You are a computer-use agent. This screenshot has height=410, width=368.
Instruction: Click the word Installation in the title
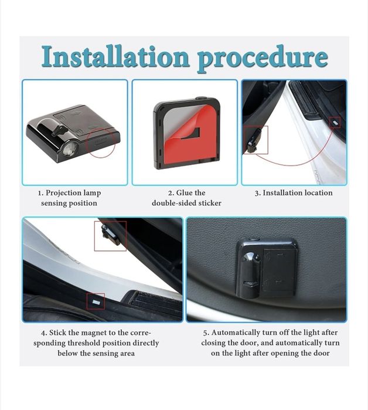[x=115, y=56]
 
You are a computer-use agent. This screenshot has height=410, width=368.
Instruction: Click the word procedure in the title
[x=263, y=59]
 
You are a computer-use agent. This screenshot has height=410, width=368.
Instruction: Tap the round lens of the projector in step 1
[x=70, y=150]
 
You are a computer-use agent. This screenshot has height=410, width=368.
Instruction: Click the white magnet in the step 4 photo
[x=96, y=302]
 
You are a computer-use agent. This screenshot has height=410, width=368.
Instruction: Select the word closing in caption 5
[x=213, y=343]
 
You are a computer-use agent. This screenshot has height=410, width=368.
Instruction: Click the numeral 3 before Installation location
[x=257, y=193]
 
